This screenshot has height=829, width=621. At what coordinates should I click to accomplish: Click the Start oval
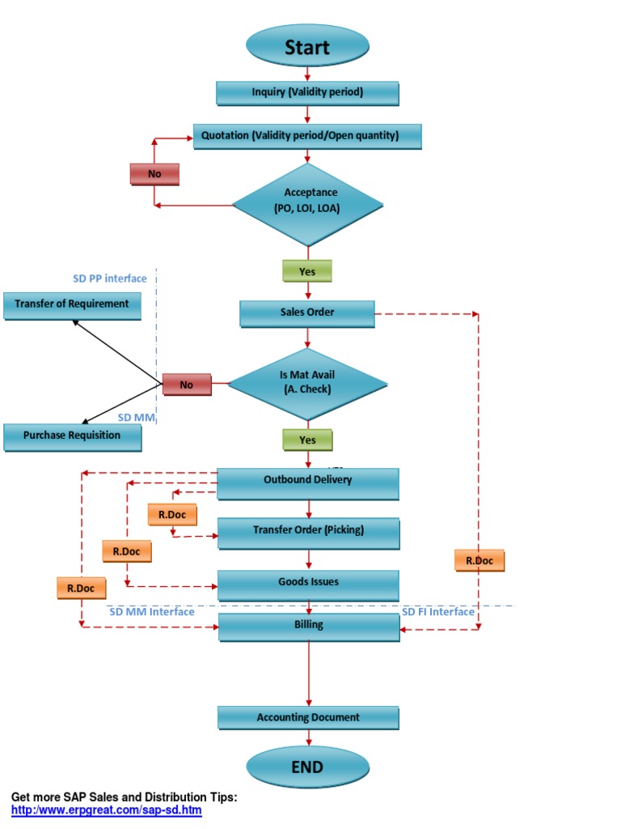point(307,46)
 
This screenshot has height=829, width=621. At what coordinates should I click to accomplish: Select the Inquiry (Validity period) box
point(307,92)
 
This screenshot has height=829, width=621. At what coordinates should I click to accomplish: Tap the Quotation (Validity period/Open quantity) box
point(307,136)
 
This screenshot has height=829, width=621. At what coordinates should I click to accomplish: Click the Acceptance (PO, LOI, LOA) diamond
point(307,204)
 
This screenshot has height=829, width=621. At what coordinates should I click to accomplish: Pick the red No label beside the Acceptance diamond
point(154,174)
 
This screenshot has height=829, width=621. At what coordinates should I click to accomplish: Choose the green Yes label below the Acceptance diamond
point(307,271)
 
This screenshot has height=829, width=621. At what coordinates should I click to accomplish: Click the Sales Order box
point(307,313)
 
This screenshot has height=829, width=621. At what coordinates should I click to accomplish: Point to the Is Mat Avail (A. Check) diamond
point(307,383)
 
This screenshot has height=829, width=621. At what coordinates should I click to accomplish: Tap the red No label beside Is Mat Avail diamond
point(187,385)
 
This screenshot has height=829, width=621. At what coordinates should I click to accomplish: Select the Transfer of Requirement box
point(72,305)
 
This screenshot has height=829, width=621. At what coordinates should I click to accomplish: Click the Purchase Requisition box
point(72,436)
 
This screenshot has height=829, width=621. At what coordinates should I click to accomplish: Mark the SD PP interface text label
point(110,278)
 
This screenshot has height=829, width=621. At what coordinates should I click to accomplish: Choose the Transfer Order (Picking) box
point(308,532)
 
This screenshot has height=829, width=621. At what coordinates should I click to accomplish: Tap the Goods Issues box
point(308,584)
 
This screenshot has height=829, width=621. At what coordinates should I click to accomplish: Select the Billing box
point(308,627)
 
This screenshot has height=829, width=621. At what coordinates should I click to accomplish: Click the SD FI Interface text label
point(438,612)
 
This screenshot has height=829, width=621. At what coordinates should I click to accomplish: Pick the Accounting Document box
point(308,718)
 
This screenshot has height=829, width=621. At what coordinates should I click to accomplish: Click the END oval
point(307,767)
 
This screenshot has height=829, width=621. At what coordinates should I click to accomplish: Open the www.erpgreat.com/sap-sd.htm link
point(106,810)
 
